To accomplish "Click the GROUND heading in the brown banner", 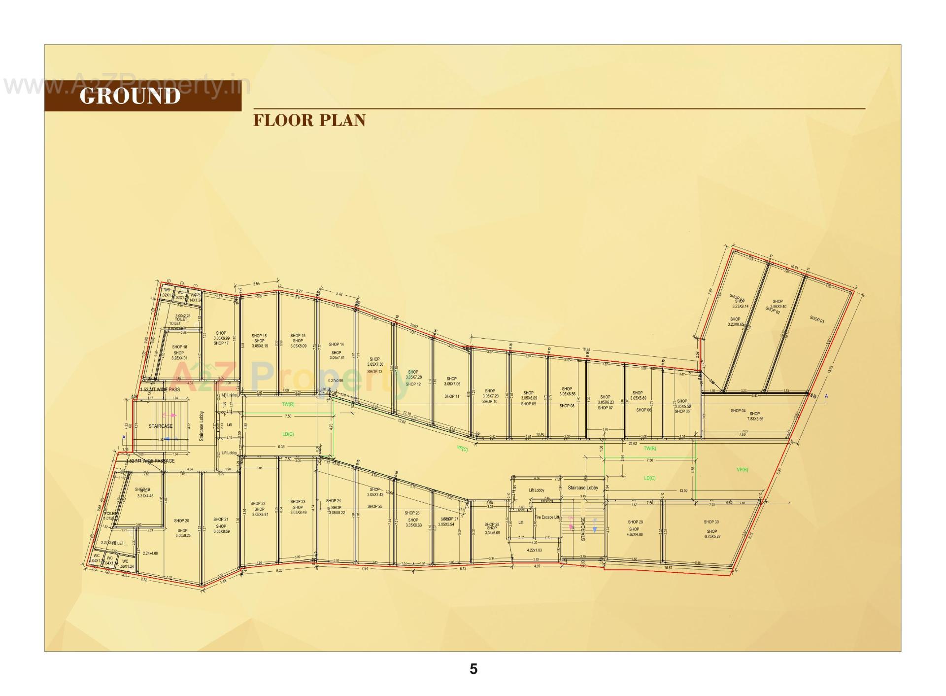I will [130, 96].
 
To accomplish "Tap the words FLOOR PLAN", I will [309, 121].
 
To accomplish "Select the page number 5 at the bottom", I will [473, 669].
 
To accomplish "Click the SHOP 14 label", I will [336, 345].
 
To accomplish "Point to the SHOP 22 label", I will [258, 504].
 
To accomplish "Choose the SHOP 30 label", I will [711, 522].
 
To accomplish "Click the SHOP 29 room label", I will [635, 522].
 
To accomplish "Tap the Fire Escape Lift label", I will [547, 517].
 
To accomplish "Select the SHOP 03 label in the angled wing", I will [816, 320].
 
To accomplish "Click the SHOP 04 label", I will [738, 411].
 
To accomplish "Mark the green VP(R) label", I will [742, 470].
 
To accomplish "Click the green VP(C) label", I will [462, 449].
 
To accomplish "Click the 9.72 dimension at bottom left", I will [144, 580].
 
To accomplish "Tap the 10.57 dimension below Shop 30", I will [668, 568].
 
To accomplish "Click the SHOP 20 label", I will [181, 521].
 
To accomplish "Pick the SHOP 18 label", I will [179, 347].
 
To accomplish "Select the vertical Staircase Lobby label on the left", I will [202, 426].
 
